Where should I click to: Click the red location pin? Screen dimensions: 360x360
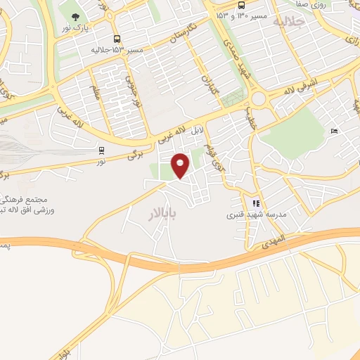click(181, 165)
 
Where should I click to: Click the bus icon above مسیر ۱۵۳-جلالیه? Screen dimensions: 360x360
click(117, 39)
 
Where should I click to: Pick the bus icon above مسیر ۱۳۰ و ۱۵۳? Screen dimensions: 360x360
click(241, 4)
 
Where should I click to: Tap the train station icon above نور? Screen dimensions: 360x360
click(102, 149)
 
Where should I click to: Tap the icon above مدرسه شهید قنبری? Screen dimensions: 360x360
click(257, 204)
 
